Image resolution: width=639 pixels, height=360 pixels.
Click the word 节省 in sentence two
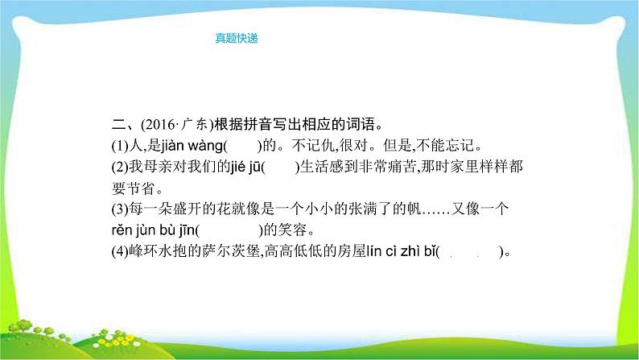pos(146,188)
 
